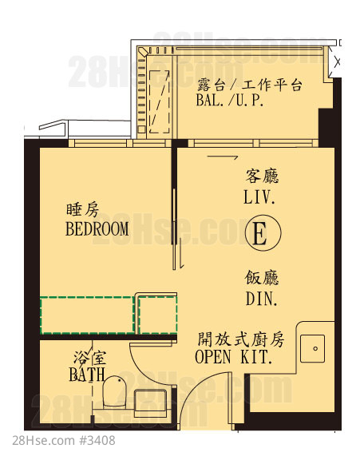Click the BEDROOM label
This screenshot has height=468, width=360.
(97, 228)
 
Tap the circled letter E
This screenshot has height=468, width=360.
(263, 232)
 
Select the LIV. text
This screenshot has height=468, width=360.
(259, 197)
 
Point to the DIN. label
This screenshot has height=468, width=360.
(262, 299)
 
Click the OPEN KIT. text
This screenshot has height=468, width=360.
(234, 357)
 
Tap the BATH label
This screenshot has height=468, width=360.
(87, 375)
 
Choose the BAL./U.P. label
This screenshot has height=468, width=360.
(230, 100)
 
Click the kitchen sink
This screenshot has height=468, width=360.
(312, 348)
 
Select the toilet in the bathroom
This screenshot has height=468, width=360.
(114, 392)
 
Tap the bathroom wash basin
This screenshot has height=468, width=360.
(150, 403)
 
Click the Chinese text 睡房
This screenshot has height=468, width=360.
(83, 210)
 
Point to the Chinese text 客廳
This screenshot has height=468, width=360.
(262, 176)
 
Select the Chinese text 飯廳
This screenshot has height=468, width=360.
(262, 278)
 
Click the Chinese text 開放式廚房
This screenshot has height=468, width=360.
(241, 339)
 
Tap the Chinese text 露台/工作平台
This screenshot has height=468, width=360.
(249, 85)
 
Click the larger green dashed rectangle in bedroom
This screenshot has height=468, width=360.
(87, 315)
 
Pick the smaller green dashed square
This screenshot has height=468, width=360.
(158, 315)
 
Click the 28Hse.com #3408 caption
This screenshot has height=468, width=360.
(64, 441)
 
